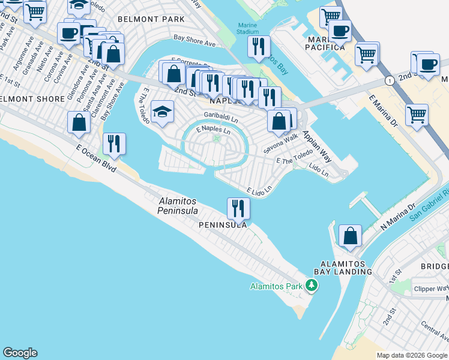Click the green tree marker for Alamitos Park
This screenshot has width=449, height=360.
311,285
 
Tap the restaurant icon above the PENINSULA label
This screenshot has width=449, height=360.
238,208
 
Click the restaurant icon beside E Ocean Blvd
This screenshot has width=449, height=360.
113,143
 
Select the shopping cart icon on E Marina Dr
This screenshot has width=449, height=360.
416,113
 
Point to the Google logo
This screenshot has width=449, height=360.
20,353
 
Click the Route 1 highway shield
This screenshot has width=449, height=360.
390,80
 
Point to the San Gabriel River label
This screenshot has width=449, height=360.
430,205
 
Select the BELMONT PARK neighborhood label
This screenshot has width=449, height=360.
151,19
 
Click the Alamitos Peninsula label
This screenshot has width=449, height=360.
178,206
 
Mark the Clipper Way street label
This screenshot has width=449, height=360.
431,289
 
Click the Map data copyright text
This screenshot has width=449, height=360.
412,355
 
